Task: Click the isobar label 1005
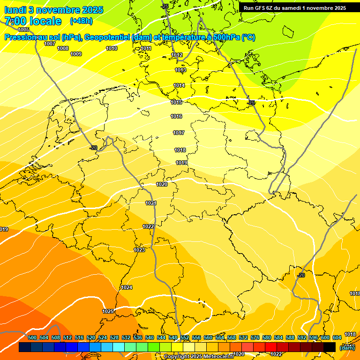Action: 23,30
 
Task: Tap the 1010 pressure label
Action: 112,48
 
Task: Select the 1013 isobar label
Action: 180,70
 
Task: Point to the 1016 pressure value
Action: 176,116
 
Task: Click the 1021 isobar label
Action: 151,203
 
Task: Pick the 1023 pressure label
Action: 139,250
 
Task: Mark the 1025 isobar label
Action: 108,311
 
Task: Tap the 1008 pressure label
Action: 63,48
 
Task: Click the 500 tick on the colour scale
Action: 32,337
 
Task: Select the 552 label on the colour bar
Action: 185,337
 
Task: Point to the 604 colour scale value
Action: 337,337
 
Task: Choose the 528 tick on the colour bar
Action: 114,337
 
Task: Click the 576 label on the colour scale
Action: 255,337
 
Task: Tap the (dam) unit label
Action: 347,347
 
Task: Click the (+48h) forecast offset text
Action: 81,21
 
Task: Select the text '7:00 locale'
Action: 33,21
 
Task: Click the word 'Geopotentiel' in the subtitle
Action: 107,37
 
